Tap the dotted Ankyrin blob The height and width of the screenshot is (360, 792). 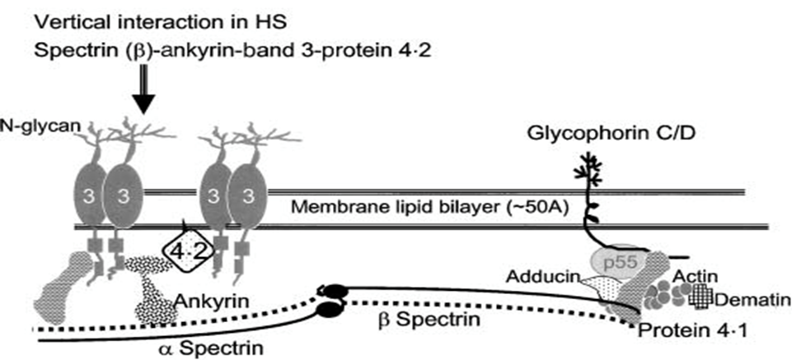(x=154, y=297)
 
